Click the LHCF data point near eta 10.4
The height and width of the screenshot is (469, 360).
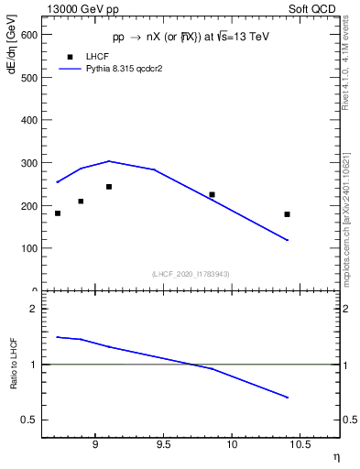click(287, 214)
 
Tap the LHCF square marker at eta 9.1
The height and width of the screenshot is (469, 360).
click(109, 187)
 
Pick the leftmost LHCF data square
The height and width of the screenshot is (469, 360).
click(58, 213)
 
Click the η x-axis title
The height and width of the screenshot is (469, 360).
click(335, 457)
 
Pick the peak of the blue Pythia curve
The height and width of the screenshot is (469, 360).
click(109, 161)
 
